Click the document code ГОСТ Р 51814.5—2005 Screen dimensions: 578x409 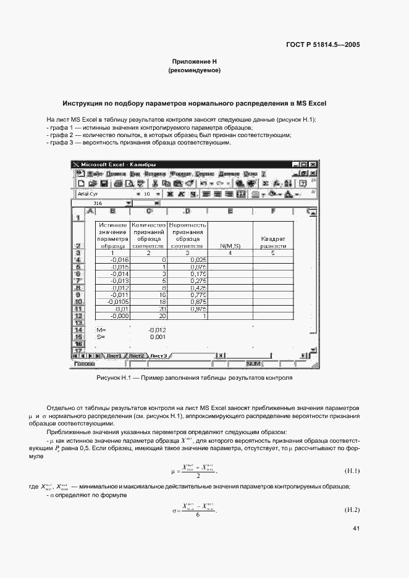(x=323, y=44)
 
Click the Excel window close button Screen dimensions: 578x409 (x=313, y=165)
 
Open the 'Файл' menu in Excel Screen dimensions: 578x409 (x=94, y=174)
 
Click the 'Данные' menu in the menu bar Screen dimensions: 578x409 (x=229, y=174)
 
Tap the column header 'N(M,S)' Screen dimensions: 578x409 (x=230, y=245)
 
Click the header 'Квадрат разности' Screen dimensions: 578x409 (x=273, y=242)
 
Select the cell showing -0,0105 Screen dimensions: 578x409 (x=112, y=302)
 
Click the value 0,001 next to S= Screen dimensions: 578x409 (x=157, y=337)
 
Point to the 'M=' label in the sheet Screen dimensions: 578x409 (x=102, y=330)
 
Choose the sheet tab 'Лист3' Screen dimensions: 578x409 (x=159, y=356)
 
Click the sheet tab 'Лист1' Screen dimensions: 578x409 (x=113, y=356)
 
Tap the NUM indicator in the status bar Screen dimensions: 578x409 (x=254, y=364)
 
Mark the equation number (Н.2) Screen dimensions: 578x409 (x=352, y=510)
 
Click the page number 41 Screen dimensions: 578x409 (x=356, y=529)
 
